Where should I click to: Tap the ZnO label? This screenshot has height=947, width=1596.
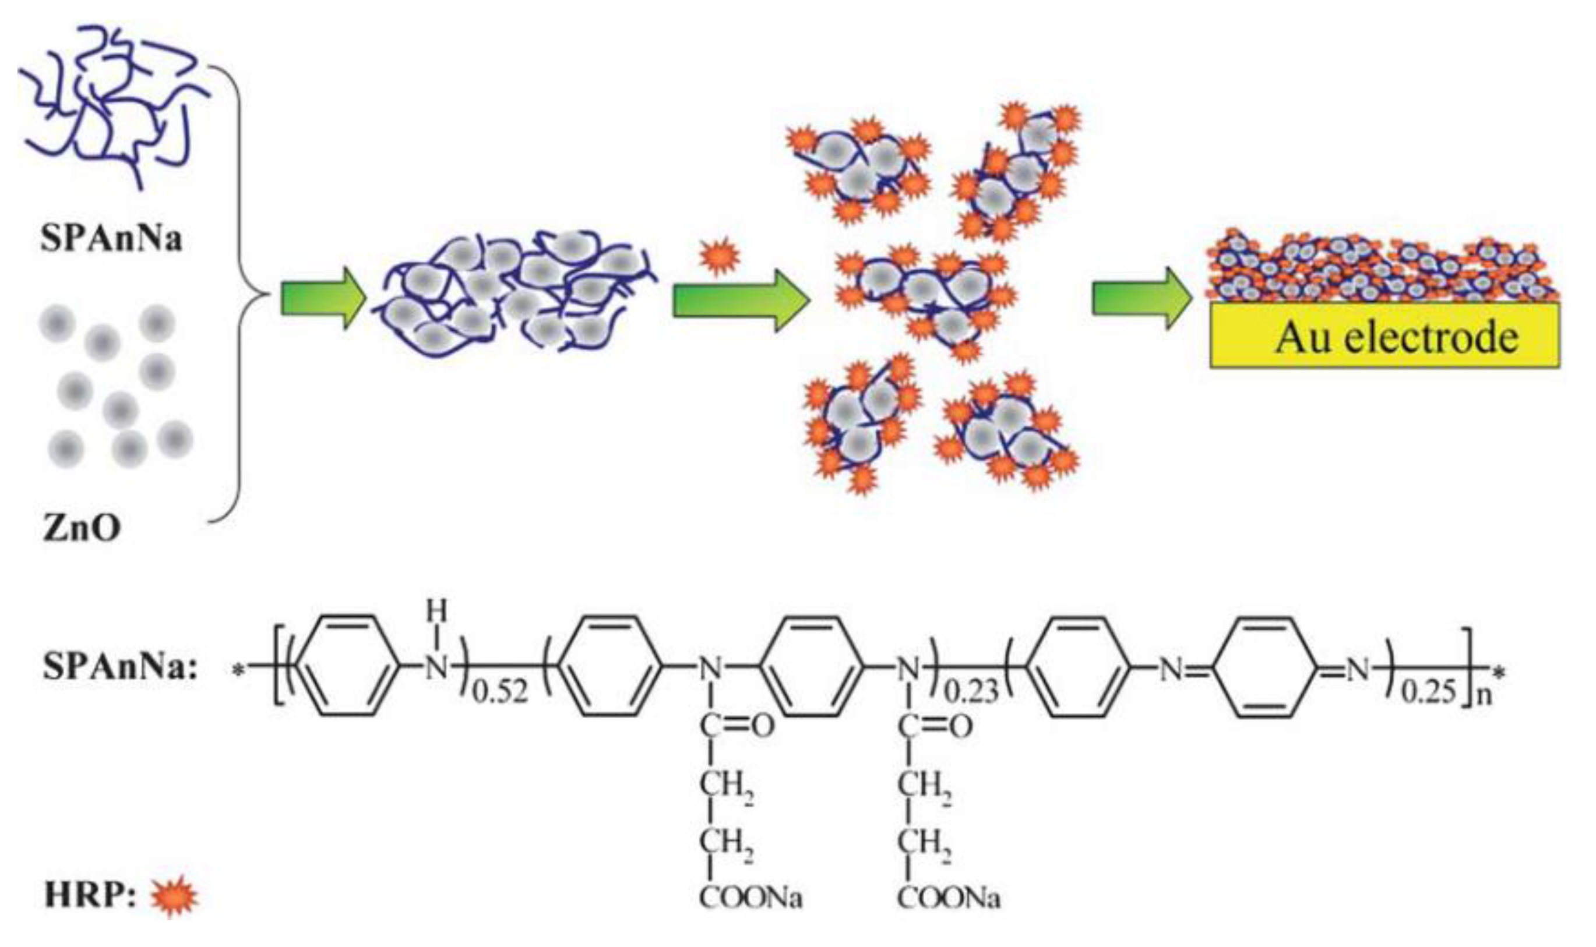81,528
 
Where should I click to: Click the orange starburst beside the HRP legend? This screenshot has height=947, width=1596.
174,896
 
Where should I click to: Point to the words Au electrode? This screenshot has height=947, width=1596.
1397,337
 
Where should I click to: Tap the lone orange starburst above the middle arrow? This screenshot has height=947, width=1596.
720,256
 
